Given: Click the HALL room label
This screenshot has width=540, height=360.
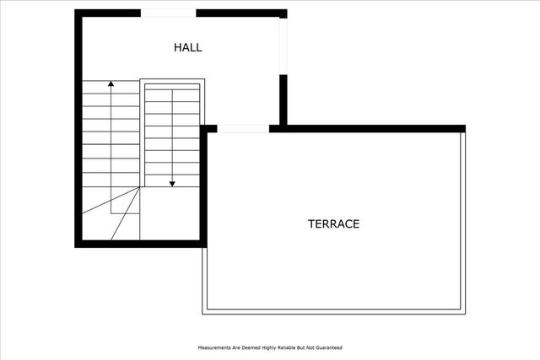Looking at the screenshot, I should click(187, 47).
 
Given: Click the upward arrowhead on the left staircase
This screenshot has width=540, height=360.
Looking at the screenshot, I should click(111, 84).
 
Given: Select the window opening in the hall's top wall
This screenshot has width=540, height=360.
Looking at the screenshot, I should click(168, 13).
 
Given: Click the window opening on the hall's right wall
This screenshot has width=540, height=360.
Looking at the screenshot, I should click(284, 46).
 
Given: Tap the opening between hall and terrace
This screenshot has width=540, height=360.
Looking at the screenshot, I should click(243, 128).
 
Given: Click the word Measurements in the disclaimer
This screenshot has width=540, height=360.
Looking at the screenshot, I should click(216, 347).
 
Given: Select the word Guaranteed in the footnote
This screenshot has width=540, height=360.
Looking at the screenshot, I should click(327, 347).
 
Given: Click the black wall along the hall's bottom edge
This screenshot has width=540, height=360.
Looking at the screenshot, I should click(139, 243).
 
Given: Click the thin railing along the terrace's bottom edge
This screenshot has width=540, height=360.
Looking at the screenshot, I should click(333, 312).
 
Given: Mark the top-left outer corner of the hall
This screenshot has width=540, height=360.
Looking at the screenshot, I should click(77, 12).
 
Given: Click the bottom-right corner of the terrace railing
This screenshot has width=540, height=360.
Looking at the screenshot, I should click(463, 312).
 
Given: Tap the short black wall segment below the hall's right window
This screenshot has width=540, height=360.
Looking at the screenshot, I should click(284, 99).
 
